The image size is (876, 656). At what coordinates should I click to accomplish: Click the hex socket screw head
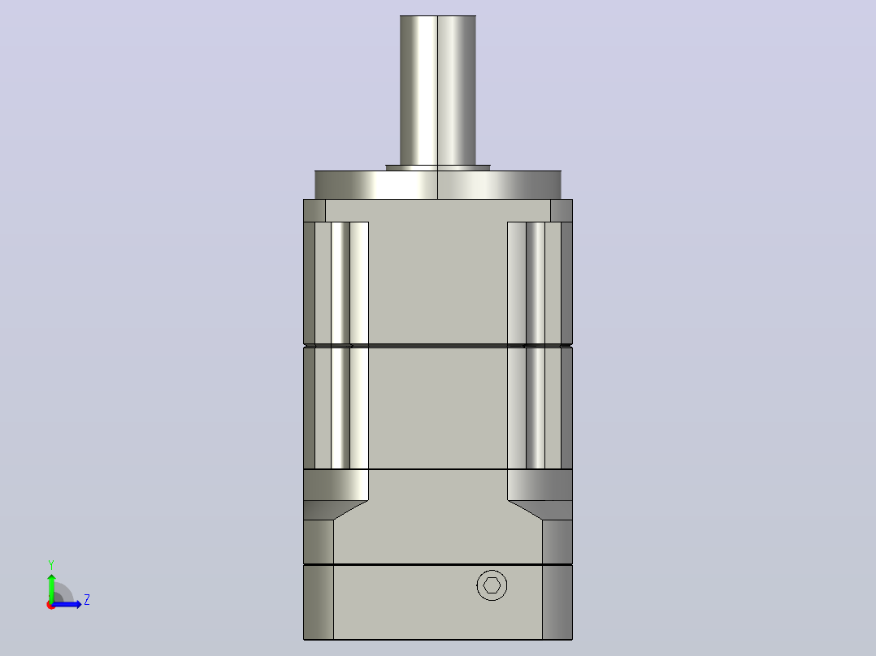492,585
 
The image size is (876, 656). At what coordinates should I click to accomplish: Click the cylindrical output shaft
438,90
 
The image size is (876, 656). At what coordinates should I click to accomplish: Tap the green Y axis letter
51,564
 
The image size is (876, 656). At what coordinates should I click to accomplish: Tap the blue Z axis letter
87,600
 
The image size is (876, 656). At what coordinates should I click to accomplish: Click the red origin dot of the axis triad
51,605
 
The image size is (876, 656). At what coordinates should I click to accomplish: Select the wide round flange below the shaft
438,185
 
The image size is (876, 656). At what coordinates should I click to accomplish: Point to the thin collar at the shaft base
438,167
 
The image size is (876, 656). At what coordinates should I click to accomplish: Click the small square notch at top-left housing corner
314,210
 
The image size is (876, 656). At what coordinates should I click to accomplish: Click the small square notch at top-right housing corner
562,210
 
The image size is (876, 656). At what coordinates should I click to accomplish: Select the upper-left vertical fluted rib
336,283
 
